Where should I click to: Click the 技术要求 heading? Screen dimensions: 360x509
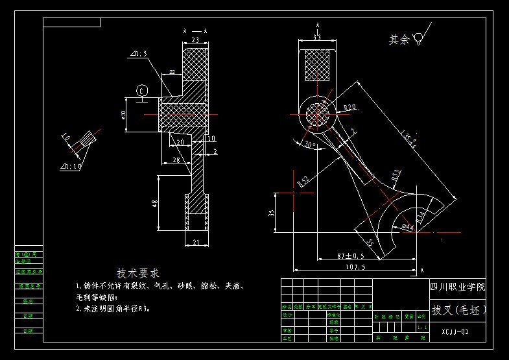[137, 273]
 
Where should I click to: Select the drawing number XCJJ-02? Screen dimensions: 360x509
[454, 331]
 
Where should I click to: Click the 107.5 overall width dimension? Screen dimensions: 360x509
[355, 266]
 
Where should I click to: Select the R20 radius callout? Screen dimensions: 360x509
[350, 107]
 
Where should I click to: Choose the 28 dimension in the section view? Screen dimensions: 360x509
[176, 160]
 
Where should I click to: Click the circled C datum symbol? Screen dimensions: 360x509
[142, 90]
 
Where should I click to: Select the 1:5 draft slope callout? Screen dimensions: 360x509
[139, 54]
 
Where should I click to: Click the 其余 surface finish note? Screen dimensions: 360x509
[399, 40]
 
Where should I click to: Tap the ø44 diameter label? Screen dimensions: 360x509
[408, 227]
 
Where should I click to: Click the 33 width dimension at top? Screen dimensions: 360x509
[317, 38]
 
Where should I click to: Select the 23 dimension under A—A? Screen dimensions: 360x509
[195, 40]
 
